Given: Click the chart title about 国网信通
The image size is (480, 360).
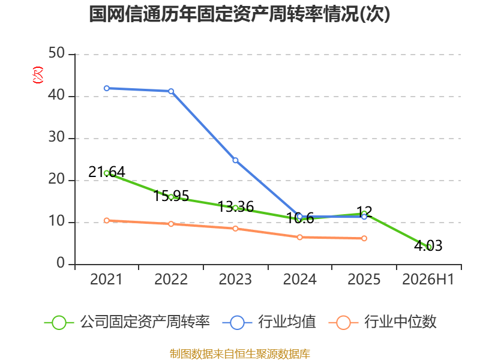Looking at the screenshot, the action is (x=239, y=14).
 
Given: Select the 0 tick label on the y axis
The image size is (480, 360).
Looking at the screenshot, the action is (x=61, y=263).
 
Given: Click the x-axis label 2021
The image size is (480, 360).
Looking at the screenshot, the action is (x=106, y=279).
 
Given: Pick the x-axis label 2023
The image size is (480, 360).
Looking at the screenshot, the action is (x=235, y=279).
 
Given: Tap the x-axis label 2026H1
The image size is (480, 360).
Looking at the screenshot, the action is (x=428, y=279).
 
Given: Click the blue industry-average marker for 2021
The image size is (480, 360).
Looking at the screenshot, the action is (x=107, y=88).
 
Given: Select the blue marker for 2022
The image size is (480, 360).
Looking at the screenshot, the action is (x=171, y=91).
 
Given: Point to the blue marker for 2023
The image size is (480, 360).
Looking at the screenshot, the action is (x=235, y=160).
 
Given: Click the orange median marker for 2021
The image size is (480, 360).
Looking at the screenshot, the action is (x=107, y=220).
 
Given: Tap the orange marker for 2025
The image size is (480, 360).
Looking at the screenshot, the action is (x=364, y=238).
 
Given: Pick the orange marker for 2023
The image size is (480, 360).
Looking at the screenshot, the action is (x=235, y=229).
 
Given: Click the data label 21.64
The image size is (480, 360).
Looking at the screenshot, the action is (x=107, y=172).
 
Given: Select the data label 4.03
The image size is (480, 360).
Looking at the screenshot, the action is (x=428, y=245).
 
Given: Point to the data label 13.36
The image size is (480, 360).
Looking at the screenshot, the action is (x=236, y=206).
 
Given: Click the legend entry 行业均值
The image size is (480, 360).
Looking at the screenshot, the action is (x=269, y=322).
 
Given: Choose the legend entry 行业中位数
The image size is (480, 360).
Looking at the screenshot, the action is (x=383, y=322).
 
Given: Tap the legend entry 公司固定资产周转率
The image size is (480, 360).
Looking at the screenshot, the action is (x=127, y=322).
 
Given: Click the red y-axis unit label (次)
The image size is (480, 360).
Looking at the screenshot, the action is (x=38, y=74).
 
